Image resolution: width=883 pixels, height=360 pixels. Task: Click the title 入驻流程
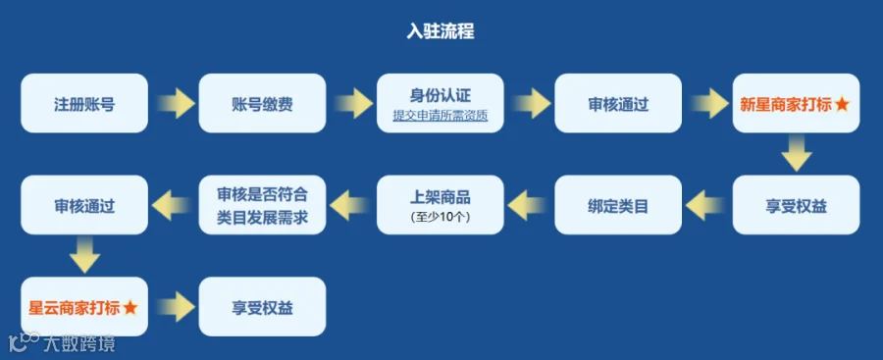[441, 31]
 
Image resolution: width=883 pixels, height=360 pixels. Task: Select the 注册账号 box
[84, 103]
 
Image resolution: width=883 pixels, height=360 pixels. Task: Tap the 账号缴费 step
[262, 103]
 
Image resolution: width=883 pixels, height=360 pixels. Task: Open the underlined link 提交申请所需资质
[441, 116]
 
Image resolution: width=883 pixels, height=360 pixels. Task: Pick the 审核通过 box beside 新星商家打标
[618, 103]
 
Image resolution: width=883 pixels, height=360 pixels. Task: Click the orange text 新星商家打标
[785, 104]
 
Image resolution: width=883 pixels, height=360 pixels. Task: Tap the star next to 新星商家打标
[842, 104]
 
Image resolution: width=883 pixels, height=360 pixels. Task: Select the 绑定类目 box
[618, 204]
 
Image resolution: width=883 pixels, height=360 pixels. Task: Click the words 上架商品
[441, 197]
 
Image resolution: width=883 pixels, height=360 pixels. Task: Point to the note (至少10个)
[441, 217]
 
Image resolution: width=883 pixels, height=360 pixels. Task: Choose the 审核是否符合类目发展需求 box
[262, 204]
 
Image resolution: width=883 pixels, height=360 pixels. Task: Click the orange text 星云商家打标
[75, 308]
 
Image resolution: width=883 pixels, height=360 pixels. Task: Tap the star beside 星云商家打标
[130, 308]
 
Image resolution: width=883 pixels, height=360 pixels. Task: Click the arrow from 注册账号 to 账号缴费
[176, 103]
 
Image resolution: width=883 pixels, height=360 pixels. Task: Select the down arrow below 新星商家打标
[797, 153]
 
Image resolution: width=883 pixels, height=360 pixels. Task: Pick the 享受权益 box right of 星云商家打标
[262, 306]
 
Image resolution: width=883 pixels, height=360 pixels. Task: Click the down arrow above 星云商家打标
[84, 255]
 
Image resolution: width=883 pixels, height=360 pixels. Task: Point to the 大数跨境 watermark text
[78, 342]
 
